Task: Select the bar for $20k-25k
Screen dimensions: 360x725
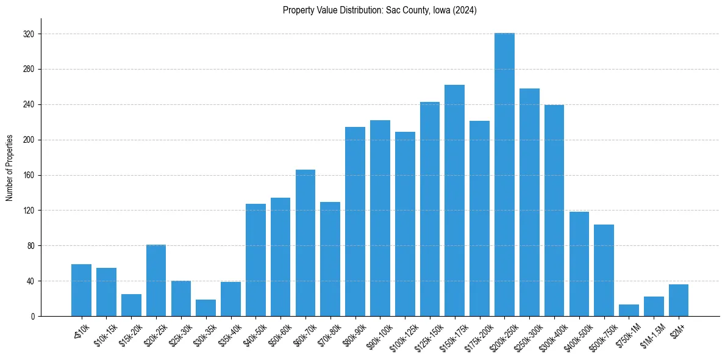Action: click(x=156, y=281)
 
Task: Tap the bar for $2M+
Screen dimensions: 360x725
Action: click(x=678, y=300)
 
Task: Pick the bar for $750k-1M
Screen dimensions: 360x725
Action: click(x=629, y=310)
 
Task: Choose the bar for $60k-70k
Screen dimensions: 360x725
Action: click(x=305, y=243)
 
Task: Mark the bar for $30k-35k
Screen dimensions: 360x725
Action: click(x=205, y=308)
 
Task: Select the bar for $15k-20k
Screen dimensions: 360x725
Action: click(x=131, y=305)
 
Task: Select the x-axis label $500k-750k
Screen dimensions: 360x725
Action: click(x=604, y=334)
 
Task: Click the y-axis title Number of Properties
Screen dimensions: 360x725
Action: click(x=10, y=168)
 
